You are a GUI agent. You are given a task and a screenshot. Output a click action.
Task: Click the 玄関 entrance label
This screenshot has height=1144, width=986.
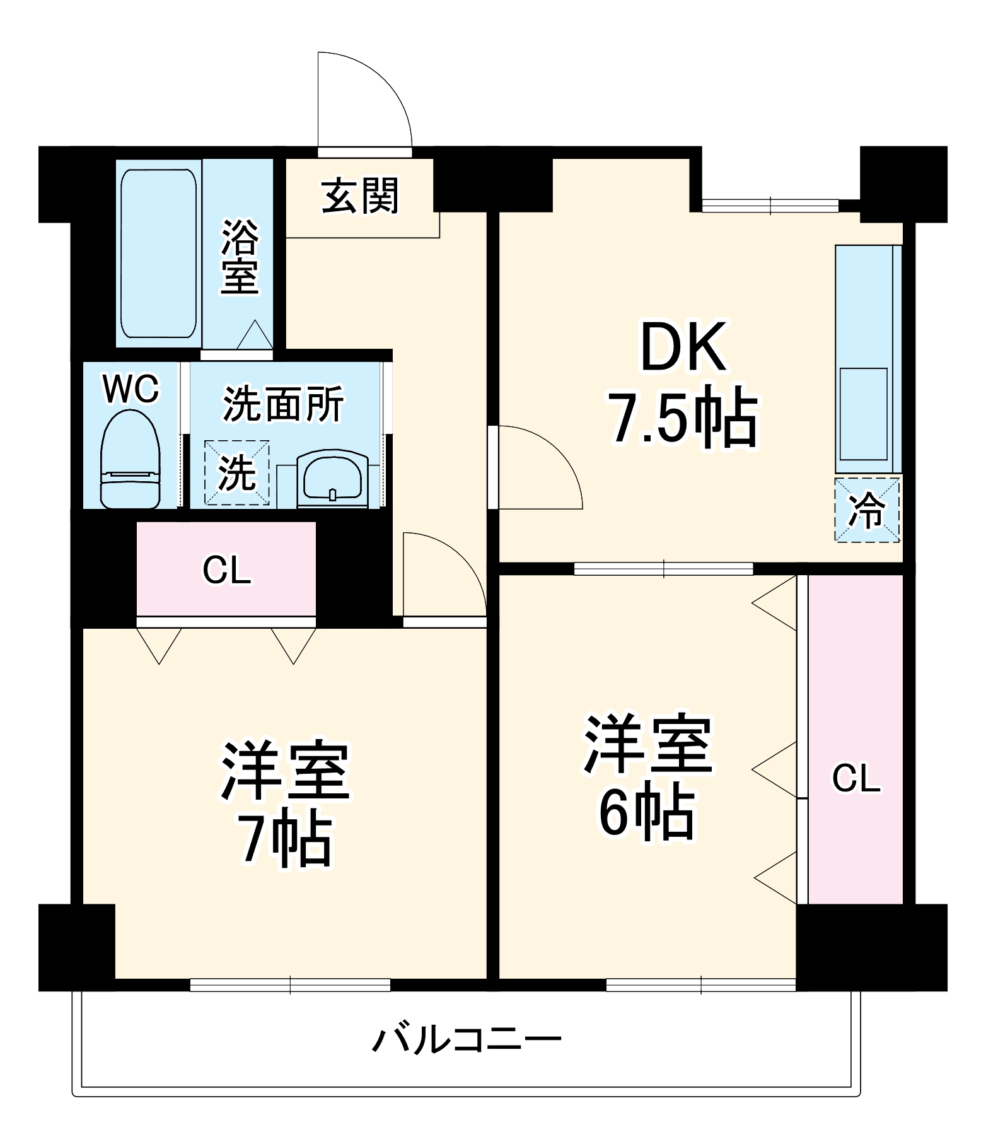[360, 196]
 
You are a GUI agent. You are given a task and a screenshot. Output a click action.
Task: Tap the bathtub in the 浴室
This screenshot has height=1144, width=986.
[158, 252]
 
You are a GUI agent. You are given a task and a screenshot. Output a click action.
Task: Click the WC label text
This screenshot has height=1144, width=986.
[131, 389]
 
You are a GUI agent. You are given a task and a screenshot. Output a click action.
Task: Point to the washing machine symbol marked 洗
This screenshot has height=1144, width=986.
[236, 473]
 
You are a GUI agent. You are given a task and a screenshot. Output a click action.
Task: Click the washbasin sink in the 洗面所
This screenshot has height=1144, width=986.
[332, 478]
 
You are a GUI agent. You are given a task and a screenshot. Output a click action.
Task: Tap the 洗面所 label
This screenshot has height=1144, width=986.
[284, 404]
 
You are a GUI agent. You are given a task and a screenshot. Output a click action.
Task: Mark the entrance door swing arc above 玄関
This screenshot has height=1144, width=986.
[366, 101]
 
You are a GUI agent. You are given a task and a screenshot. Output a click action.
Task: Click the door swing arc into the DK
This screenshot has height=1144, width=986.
[540, 467]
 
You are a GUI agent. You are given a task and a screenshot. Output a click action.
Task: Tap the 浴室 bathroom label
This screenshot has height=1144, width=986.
[240, 257]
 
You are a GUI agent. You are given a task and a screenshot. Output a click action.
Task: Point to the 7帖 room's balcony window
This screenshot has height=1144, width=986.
[290, 984]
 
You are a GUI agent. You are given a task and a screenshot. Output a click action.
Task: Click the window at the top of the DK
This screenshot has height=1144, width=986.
[770, 205]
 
